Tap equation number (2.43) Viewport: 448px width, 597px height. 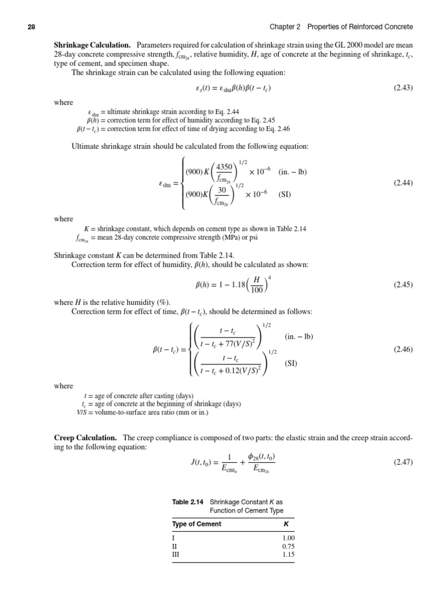403,88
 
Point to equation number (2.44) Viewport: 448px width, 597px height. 403,182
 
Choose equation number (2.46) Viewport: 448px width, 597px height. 403,350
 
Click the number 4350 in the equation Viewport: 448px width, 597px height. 225,167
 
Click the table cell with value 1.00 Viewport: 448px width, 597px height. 287,538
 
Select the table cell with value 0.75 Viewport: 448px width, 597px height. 287,546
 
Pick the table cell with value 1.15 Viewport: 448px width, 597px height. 287,555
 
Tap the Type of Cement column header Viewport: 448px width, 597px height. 197,524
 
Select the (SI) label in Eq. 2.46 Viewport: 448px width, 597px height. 290,363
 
